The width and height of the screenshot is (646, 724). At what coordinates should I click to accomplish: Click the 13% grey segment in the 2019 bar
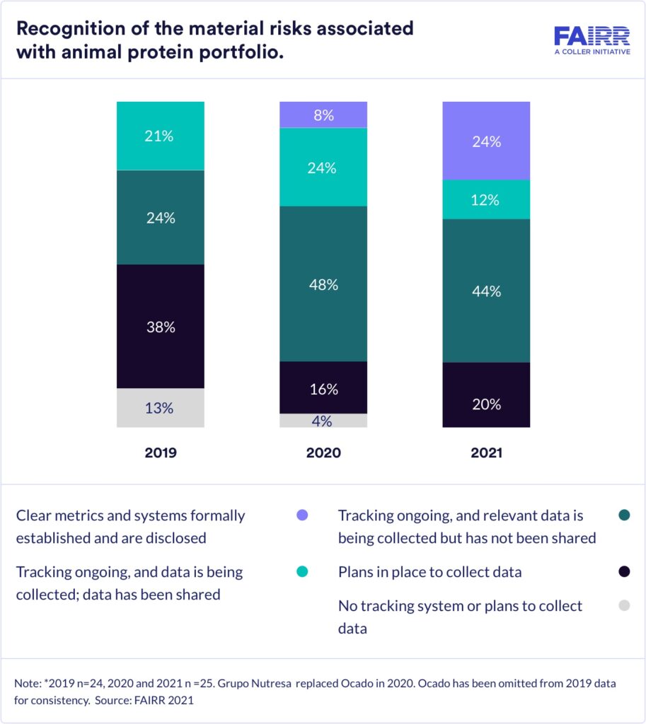click(161, 408)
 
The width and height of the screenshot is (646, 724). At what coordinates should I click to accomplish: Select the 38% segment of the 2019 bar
click(161, 327)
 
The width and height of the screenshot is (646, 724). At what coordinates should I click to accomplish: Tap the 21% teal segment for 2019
click(161, 136)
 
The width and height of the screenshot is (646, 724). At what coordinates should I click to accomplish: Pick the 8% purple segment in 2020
click(323, 115)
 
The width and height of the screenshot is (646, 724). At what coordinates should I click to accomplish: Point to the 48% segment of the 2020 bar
click(323, 284)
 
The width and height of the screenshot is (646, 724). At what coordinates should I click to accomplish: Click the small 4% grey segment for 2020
click(323, 421)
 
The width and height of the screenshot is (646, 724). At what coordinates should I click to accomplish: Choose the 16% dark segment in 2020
click(323, 388)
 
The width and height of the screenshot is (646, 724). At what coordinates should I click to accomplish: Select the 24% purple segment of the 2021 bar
click(486, 141)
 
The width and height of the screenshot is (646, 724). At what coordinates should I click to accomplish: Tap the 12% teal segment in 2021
click(486, 199)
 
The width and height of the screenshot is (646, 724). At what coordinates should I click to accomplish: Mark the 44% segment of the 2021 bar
click(486, 291)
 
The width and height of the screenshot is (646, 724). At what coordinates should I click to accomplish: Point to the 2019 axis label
click(161, 452)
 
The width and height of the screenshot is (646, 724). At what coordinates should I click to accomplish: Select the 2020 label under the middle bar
click(323, 452)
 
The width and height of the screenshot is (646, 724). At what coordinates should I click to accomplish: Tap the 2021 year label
click(486, 452)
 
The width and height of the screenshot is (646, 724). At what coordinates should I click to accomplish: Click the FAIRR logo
click(592, 41)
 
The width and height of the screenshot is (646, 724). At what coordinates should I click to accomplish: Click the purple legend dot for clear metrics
click(303, 516)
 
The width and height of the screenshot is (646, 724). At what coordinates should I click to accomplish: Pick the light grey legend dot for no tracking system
click(623, 605)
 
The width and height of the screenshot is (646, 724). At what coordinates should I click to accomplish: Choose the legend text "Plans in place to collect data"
click(430, 572)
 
